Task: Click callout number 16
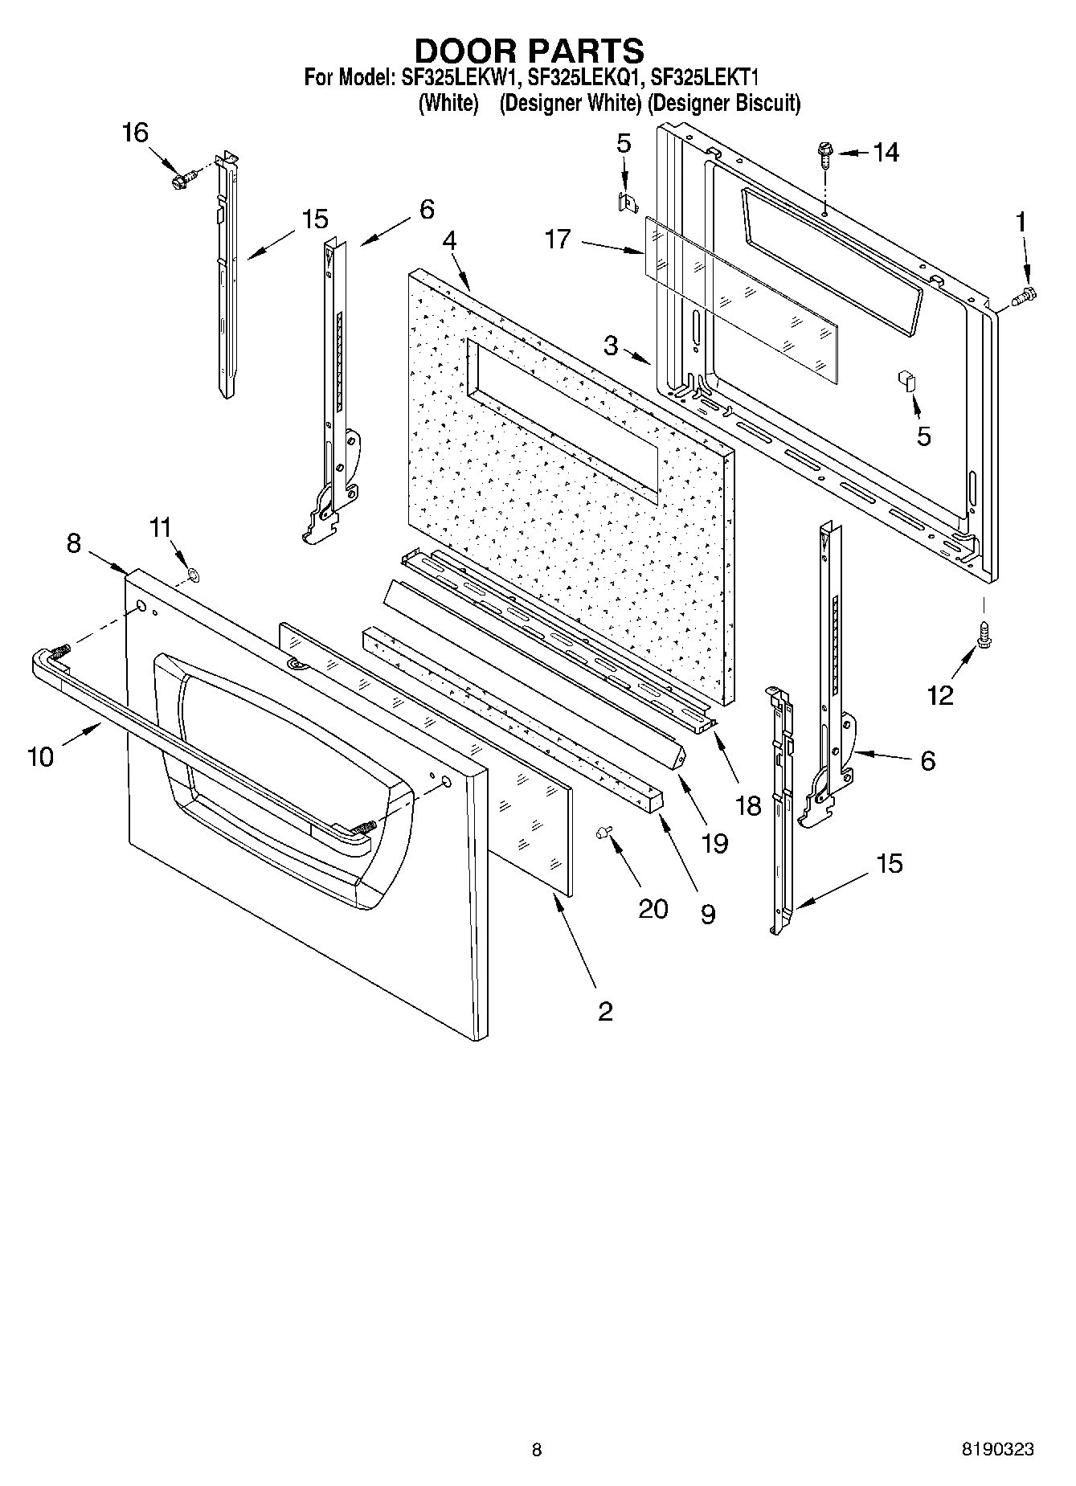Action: pos(134,133)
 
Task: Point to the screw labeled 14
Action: pos(825,154)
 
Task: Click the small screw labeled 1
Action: pos(1026,297)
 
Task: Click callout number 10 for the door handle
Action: pos(40,756)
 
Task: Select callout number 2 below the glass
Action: pos(604,1010)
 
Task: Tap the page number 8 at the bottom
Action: pos(537,1449)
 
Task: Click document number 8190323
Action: pos(997,1449)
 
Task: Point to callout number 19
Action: pos(714,842)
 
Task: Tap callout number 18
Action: pos(748,804)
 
